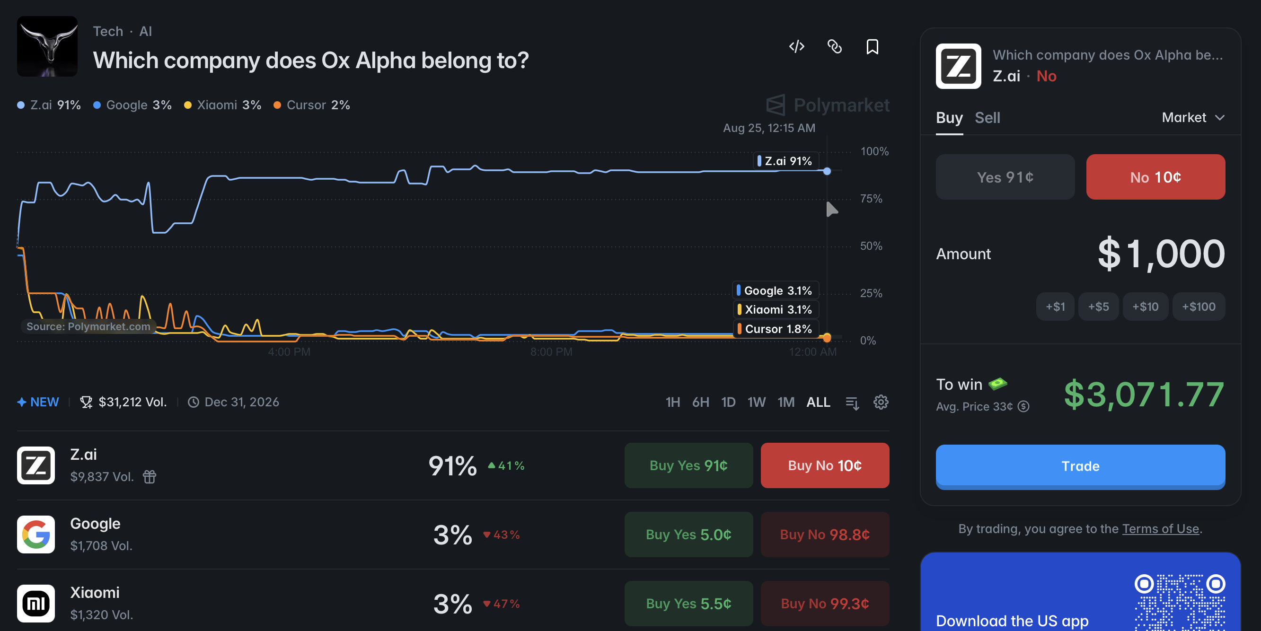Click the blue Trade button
[x=1080, y=465]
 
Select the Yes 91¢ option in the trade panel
[x=1005, y=177]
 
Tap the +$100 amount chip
[x=1199, y=307]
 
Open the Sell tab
[x=988, y=117]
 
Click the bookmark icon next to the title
[x=873, y=47]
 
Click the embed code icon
[x=796, y=46]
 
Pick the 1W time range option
[x=756, y=402]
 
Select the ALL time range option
[x=818, y=402]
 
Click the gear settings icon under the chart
[x=881, y=402]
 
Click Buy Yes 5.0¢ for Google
[x=688, y=534]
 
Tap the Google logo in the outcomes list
[x=36, y=534]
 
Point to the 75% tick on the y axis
[x=871, y=198]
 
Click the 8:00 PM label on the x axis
[x=551, y=351]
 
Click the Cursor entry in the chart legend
[x=312, y=105]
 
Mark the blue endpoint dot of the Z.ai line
[x=827, y=171]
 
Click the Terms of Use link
[x=1160, y=529]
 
